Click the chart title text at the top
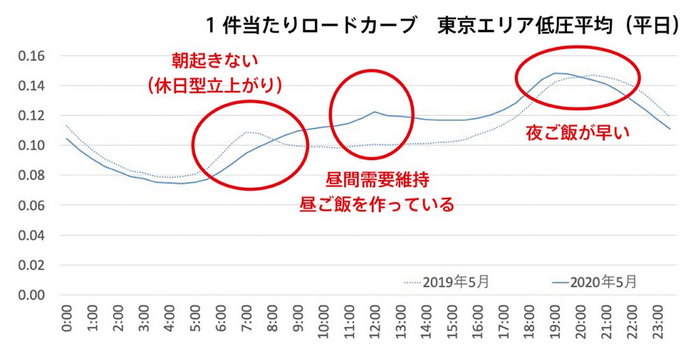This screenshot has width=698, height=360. coord(443,25)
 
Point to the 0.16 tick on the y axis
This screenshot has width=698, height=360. coord(30,55)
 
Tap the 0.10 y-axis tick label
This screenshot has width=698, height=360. coord(30,145)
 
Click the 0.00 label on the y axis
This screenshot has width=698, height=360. coord(30,295)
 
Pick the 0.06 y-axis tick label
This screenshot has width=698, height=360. coord(30,205)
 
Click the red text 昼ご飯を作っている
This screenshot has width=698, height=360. coord(376,205)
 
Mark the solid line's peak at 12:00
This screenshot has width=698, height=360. coord(376,112)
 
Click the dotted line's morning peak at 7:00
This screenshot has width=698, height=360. coord(247,132)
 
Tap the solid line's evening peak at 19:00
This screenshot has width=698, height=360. coord(556,73)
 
